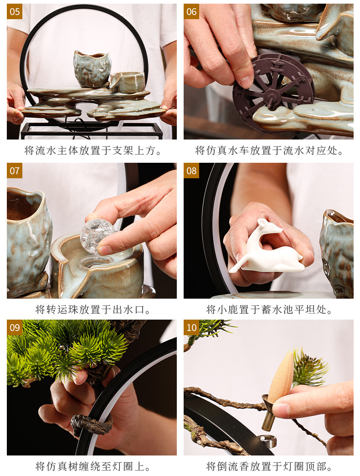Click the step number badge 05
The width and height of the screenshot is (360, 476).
tap(15, 11)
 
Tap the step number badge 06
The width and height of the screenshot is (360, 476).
tap(191, 11)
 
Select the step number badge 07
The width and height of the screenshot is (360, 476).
tap(15, 171)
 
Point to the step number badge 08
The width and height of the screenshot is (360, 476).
tap(191, 171)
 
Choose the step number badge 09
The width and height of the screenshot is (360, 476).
tap(15, 327)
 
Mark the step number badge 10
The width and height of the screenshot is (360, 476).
tap(191, 327)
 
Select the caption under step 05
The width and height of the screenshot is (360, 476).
tap(93, 150)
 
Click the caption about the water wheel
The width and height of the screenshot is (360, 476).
tap(269, 150)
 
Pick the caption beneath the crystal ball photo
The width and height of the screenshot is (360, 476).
tap(93, 310)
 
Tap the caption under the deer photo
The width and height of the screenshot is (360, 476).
tap(269, 310)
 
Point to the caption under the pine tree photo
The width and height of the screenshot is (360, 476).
tap(93, 466)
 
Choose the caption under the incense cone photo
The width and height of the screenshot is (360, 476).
tap(269, 466)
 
